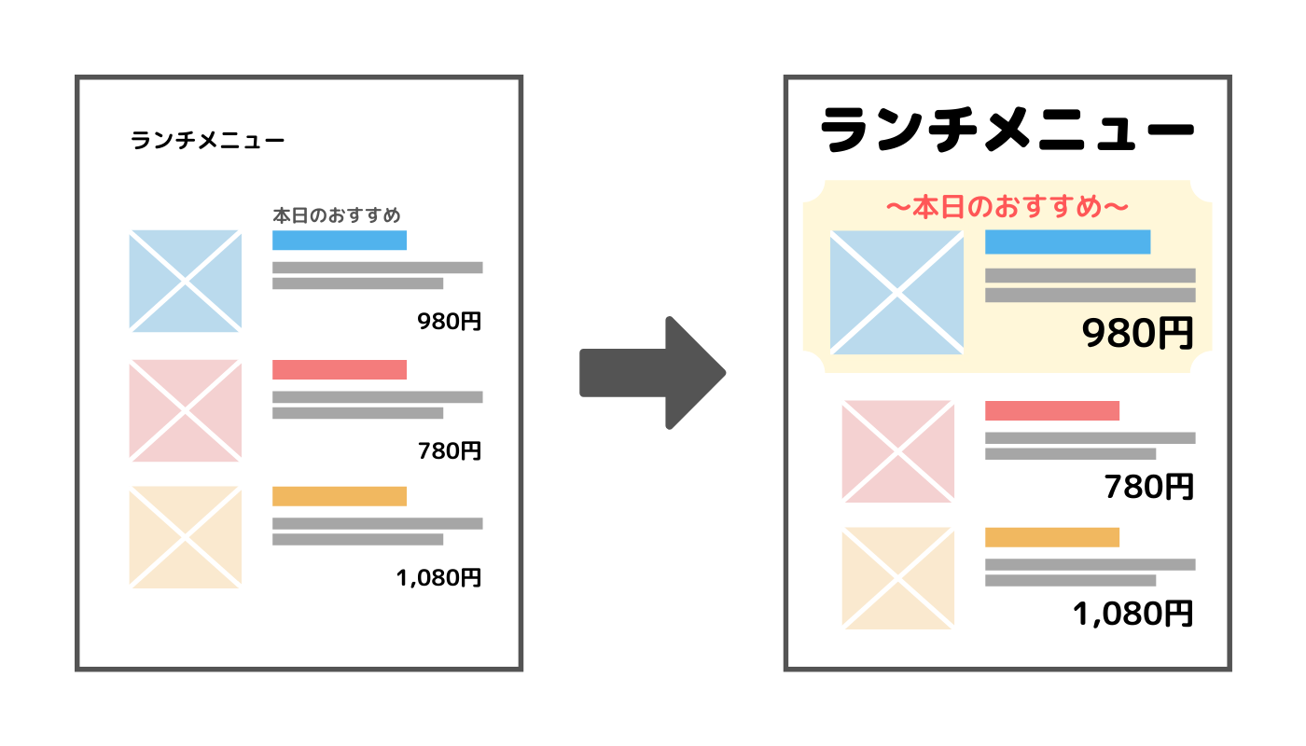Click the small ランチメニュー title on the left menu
[207, 141]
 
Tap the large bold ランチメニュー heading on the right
[1007, 132]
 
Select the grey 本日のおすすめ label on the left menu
[336, 215]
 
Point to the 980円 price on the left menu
[450, 322]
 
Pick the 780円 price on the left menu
[450, 451]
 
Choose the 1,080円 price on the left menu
[438, 578]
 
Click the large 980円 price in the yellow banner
[1138, 333]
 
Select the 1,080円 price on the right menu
[1133, 614]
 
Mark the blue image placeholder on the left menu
[185, 281]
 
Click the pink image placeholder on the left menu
[185, 410]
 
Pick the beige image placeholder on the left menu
[185, 537]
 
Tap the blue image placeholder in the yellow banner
[896, 292]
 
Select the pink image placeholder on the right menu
[897, 451]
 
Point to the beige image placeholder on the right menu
[897, 578]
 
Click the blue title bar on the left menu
[340, 241]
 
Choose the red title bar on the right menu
[1052, 410]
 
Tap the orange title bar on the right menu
[1052, 537]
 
